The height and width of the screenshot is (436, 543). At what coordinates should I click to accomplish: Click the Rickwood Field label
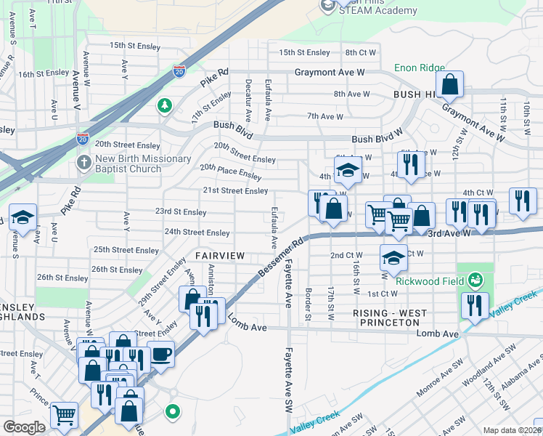[x=430, y=278]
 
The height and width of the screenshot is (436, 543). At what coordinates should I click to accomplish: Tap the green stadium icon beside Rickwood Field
[x=475, y=278]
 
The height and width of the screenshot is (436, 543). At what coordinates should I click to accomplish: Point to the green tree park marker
[x=166, y=107]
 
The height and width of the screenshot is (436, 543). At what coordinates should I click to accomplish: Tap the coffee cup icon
[x=160, y=354]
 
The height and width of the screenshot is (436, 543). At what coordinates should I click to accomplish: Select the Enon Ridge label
[x=419, y=68]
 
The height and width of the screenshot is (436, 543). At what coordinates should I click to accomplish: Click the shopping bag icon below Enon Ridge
[x=450, y=85]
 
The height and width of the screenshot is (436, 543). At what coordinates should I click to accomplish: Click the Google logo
[x=24, y=427]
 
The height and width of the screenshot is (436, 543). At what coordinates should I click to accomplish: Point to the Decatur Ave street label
[x=248, y=100]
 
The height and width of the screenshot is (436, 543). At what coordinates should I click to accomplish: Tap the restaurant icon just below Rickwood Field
[x=474, y=305]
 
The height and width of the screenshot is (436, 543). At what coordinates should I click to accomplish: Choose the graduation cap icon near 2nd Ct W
[x=393, y=257]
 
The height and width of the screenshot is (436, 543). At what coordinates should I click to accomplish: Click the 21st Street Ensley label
[x=234, y=191]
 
